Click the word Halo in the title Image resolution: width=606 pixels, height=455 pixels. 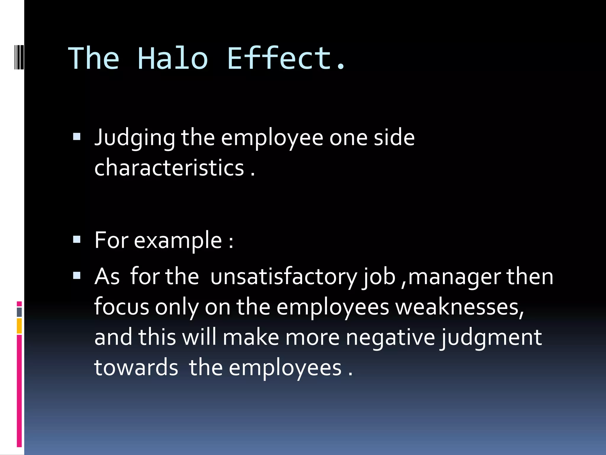173,59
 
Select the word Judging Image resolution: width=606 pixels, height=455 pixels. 135,138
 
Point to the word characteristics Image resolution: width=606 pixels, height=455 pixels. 169,168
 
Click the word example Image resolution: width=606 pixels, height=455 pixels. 178,240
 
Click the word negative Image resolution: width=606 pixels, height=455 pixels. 390,338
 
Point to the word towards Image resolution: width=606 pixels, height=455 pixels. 136,368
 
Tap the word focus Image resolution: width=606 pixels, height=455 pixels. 122,307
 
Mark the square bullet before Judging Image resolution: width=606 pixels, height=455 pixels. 77,137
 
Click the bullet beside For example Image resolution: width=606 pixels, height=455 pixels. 77,239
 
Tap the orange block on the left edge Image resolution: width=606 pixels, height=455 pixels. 19,326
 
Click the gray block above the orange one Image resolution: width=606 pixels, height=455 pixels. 19,312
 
